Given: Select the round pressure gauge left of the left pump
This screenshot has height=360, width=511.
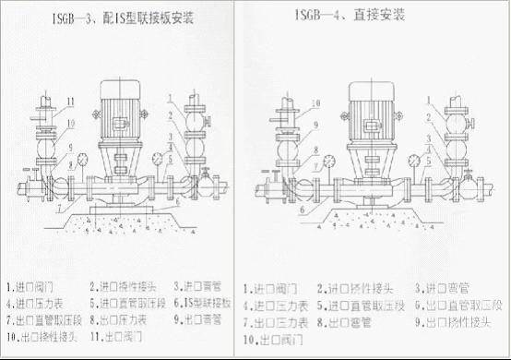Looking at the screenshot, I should (81, 156).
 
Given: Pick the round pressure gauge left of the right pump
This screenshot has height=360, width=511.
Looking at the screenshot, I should (330, 158).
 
